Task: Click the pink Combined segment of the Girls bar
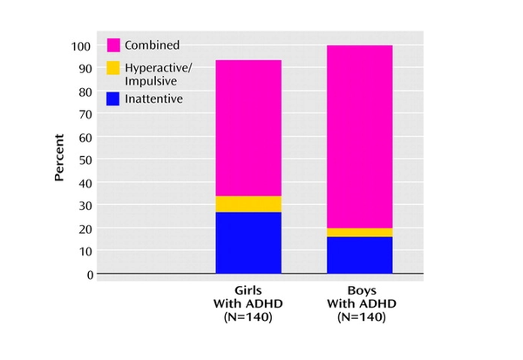(x=248, y=128)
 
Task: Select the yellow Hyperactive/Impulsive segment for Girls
(x=248, y=204)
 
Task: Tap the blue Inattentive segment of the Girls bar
(x=248, y=242)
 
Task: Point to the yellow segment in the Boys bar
(x=359, y=232)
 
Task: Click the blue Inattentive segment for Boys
(x=359, y=255)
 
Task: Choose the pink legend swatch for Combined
(x=113, y=44)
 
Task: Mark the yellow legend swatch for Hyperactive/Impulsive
(x=113, y=67)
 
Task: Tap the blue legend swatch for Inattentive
(x=113, y=98)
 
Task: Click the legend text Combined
(x=153, y=44)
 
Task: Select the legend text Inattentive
(x=153, y=98)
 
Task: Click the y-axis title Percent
(x=60, y=157)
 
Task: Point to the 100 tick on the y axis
(x=81, y=45)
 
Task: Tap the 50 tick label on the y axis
(x=85, y=160)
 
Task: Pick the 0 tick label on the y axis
(x=88, y=274)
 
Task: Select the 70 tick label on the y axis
(x=85, y=114)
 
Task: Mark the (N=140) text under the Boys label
(x=359, y=317)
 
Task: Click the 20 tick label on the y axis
(x=85, y=228)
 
